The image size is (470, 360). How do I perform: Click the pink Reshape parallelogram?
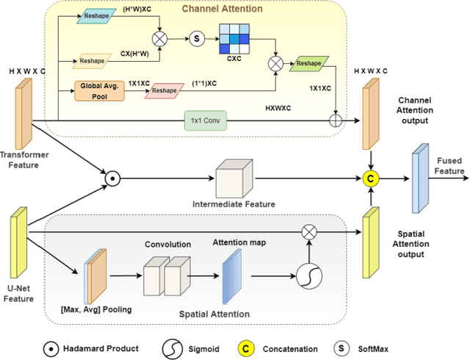click(x=164, y=90)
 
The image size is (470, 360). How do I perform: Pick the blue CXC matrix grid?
click(x=234, y=39)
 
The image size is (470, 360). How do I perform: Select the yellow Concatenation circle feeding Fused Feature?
click(x=372, y=177)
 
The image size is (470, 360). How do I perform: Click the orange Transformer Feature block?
click(x=23, y=113)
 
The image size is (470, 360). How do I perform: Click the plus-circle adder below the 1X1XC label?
click(x=339, y=120)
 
